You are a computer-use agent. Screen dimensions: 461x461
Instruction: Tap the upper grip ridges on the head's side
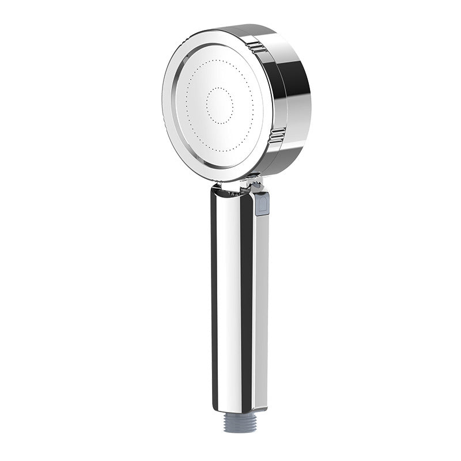[x=258, y=47]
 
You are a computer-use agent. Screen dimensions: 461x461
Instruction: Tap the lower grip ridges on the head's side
[x=277, y=135]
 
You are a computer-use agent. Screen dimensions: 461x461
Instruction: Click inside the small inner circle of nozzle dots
[x=220, y=105]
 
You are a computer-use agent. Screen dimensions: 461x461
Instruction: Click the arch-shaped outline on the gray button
[x=262, y=203]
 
